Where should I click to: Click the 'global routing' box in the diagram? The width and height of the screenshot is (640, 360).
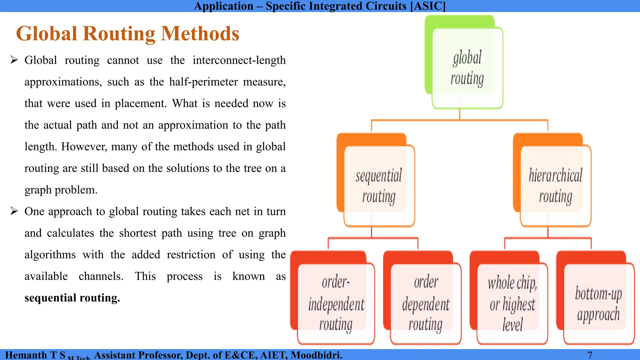coord(467,68)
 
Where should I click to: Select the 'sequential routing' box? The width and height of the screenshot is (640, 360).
coord(379,186)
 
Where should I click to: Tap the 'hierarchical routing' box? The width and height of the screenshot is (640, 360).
coord(555,186)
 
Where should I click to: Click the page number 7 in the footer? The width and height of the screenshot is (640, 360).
coord(590,355)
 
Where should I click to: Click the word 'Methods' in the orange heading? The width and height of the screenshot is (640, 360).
coord(200,33)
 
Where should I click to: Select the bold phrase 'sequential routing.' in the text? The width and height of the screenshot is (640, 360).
coord(72,298)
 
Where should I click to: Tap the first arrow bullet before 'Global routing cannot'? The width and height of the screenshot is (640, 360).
coord(14,60)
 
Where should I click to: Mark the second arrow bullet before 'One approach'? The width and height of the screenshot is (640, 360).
coord(14,211)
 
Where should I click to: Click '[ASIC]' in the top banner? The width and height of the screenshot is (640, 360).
coord(428,6)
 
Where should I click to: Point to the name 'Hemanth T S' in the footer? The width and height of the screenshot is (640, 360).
coord(35,355)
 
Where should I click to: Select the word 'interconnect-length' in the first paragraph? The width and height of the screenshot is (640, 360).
coord(239,60)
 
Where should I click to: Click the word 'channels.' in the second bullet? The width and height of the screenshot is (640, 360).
coord(101,276)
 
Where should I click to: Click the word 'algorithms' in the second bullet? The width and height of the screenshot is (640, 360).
coord(50,255)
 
